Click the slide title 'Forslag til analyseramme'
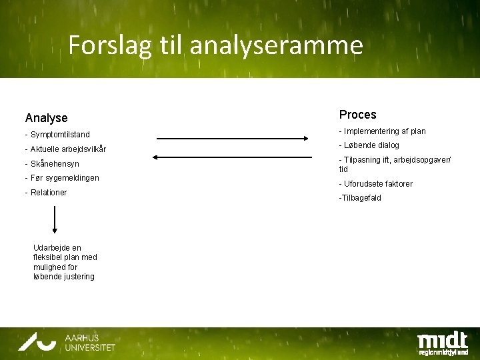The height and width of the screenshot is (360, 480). click(x=215, y=45)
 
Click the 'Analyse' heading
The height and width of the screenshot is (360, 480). click(x=46, y=118)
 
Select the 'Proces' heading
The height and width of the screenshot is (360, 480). click(x=357, y=115)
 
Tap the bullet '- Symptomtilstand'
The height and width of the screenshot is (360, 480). click(x=57, y=135)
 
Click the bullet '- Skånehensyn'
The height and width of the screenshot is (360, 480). click(x=52, y=163)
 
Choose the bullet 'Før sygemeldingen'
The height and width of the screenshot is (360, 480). click(x=62, y=178)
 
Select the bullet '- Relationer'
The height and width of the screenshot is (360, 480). click(x=46, y=193)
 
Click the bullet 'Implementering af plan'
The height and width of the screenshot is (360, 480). click(x=382, y=131)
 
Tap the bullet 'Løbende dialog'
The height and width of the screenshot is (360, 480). click(x=369, y=145)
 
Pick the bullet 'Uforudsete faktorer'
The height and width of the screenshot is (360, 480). click(x=376, y=184)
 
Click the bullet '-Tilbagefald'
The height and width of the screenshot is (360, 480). click(x=360, y=198)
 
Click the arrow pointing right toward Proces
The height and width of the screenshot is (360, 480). click(x=232, y=139)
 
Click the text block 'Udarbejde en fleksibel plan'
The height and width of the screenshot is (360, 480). click(x=65, y=262)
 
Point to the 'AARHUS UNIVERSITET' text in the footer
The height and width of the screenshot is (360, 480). click(x=90, y=343)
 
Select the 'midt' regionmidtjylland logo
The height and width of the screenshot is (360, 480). click(x=442, y=343)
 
